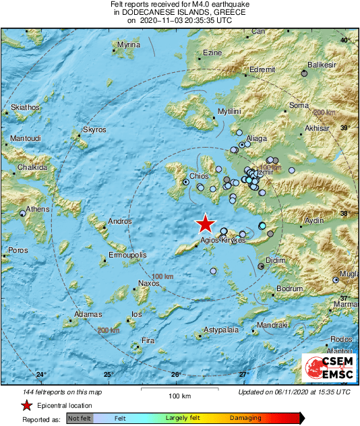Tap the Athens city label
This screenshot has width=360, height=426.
click(37, 209)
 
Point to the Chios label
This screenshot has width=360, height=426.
click(199, 176)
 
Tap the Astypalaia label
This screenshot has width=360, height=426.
click(224, 331)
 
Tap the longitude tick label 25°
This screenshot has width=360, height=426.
click(108, 375)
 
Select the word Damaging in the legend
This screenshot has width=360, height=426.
click(246, 419)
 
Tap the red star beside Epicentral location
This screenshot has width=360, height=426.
click(26, 405)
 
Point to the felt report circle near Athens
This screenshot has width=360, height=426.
click(22, 213)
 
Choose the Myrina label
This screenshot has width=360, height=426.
click(128, 44)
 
